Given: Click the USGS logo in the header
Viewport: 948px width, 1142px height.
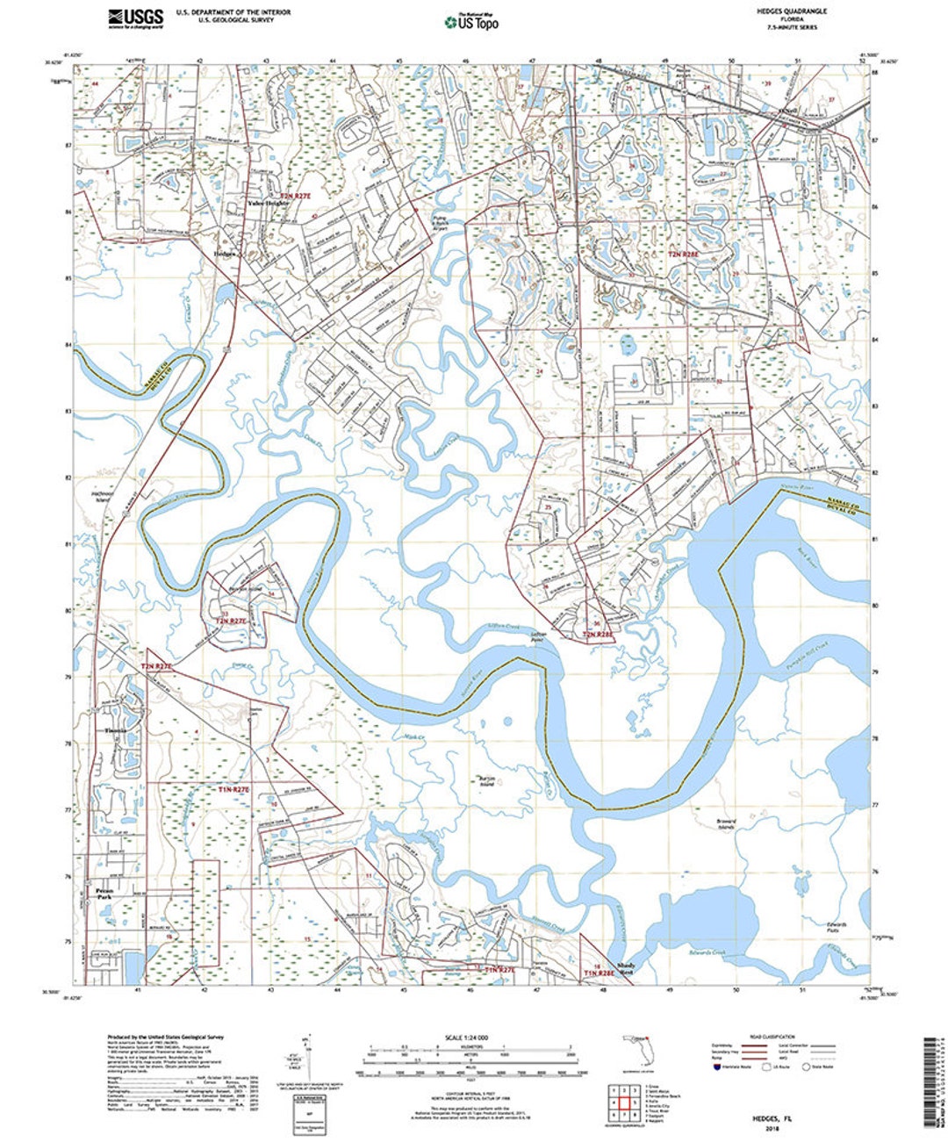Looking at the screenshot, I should tap(135, 18).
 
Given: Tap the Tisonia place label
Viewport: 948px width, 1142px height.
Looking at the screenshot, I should tap(116, 730).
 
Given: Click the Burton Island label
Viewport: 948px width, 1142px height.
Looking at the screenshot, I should tap(486, 780).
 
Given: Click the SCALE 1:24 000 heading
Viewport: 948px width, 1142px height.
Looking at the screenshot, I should tap(470, 1038).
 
